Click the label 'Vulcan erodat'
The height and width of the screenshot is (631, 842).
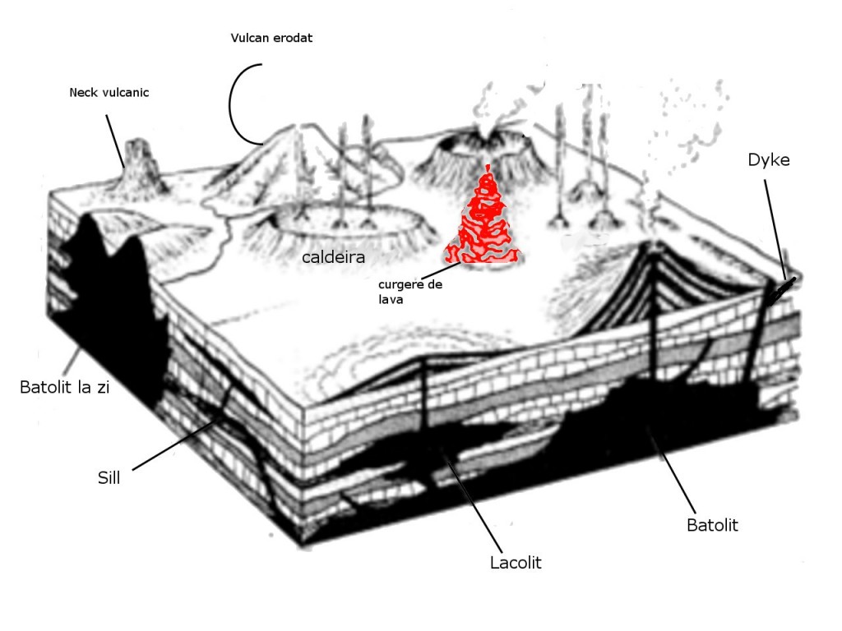click(271, 39)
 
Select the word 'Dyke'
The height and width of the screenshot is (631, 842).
click(769, 160)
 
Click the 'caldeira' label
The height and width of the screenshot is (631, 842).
click(333, 258)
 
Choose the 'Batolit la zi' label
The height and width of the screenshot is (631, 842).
click(64, 387)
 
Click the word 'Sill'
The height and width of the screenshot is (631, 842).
click(109, 477)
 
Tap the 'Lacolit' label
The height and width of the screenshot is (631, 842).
click(516, 563)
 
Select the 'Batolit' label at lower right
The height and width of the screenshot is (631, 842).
click(712, 525)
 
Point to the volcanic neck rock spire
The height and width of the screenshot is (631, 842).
click(137, 160)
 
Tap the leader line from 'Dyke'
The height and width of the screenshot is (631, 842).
click(775, 226)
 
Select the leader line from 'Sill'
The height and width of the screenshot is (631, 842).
click(177, 444)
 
